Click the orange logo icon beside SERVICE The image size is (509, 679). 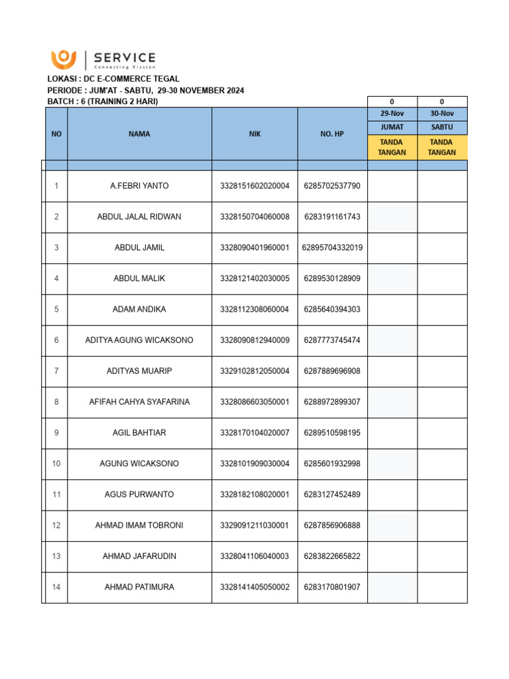64,59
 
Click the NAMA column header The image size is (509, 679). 139,134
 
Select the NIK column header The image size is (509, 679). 254,134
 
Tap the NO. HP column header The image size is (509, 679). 332,134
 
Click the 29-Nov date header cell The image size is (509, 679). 392,114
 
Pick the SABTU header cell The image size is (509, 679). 442,127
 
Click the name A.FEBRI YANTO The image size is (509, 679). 139,186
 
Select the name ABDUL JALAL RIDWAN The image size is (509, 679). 139,217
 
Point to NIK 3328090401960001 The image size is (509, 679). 254,248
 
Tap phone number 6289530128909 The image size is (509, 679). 332,278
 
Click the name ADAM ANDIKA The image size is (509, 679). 139,310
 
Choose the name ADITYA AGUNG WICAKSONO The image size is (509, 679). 139,340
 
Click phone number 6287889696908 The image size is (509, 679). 332,371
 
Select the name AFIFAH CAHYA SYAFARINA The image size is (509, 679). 139,402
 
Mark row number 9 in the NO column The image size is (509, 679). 56,433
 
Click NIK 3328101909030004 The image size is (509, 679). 254,463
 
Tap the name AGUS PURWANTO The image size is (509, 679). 139,495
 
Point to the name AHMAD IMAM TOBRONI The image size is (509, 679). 139,525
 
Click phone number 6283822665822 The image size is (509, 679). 332,556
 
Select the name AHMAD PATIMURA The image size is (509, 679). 139,587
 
